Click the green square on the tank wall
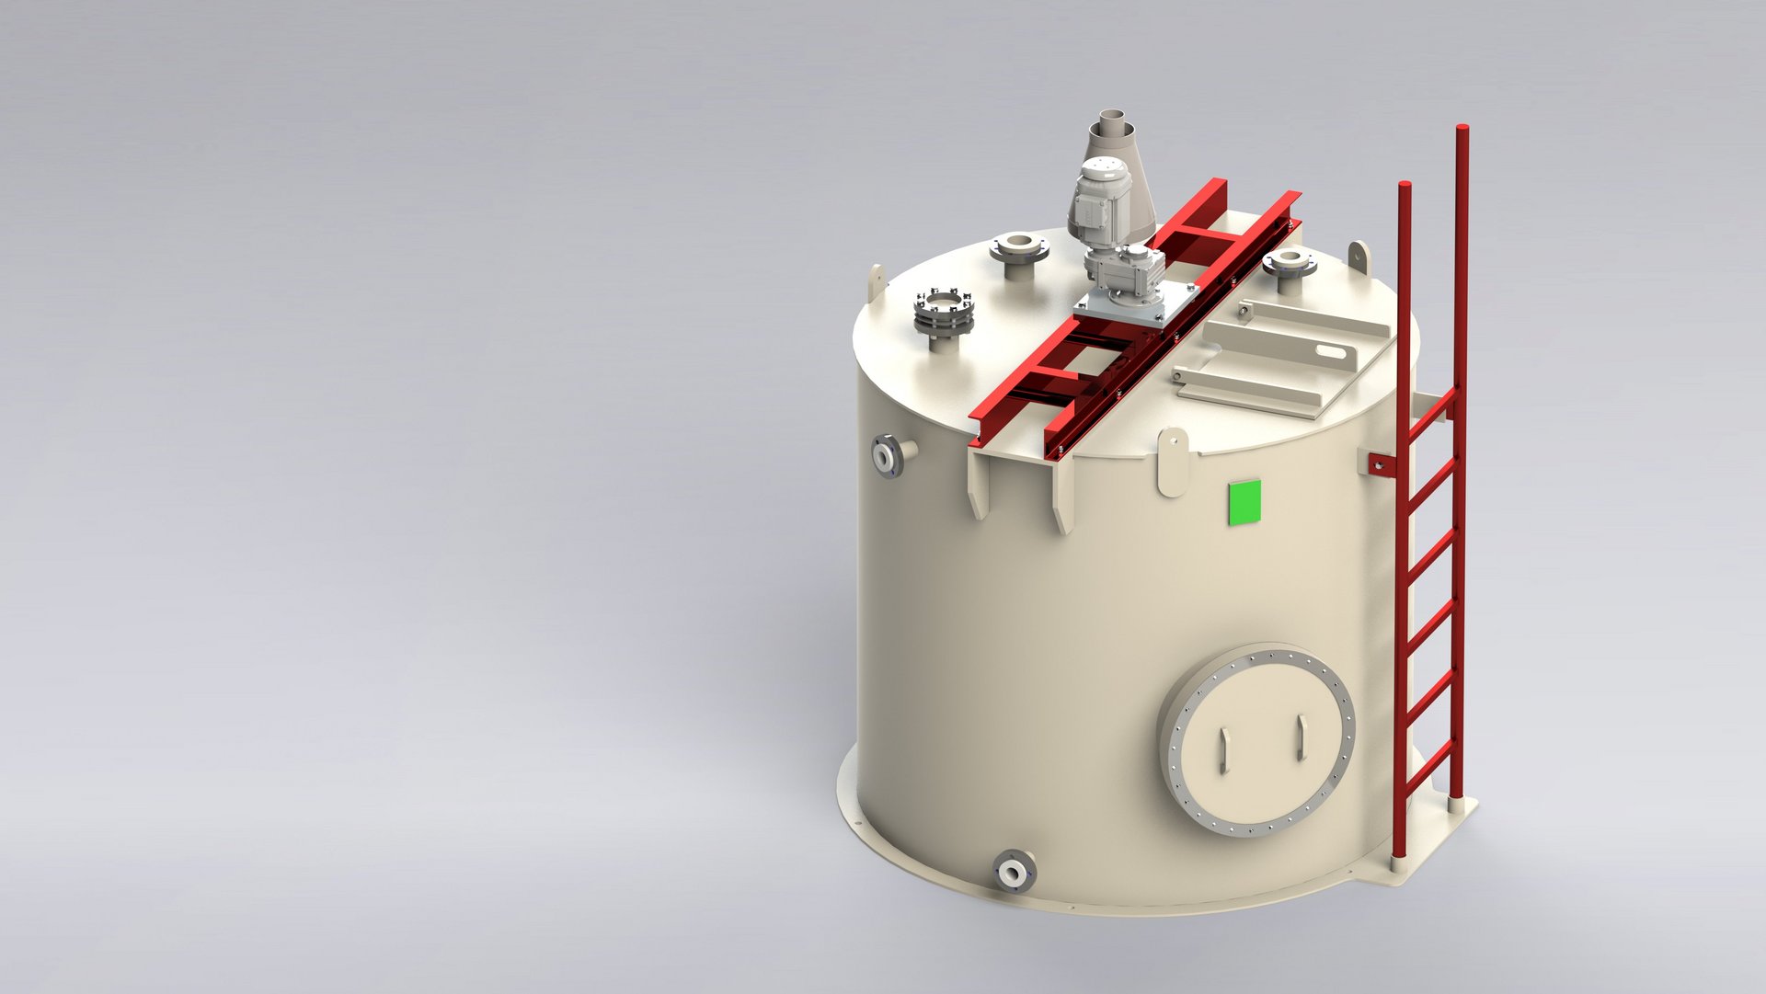click(x=1244, y=502)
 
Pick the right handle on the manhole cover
click(x=1301, y=737)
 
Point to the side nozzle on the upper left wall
click(x=892, y=454)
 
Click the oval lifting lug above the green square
click(x=1173, y=462)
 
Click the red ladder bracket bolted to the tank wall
click(x=1379, y=463)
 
